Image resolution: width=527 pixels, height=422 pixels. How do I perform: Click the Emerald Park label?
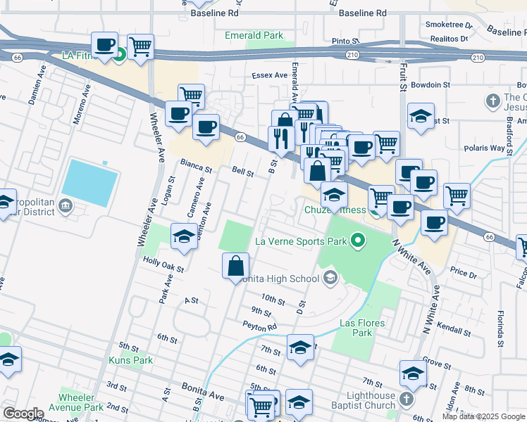[x=254, y=35]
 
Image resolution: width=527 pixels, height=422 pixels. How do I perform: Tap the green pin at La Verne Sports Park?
[x=358, y=242]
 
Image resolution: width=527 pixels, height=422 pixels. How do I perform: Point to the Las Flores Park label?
[x=356, y=328]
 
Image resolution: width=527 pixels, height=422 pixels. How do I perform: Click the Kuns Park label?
[x=130, y=360]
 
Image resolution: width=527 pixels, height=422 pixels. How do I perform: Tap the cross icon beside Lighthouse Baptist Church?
[x=405, y=400]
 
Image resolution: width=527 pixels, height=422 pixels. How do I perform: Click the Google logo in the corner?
[x=23, y=413]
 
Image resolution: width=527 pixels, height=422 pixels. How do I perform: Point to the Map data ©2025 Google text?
[x=483, y=416]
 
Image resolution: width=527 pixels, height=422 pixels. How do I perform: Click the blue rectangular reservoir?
[x=89, y=182]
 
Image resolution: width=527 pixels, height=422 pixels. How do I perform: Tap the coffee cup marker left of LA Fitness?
[x=105, y=46]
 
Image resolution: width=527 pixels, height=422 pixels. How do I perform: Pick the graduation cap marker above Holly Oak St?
[x=184, y=236]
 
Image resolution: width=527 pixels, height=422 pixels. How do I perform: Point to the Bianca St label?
[x=196, y=167]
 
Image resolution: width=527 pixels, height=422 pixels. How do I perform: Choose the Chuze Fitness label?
[x=335, y=210]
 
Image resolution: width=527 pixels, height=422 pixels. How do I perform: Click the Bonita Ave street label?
[x=202, y=392]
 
